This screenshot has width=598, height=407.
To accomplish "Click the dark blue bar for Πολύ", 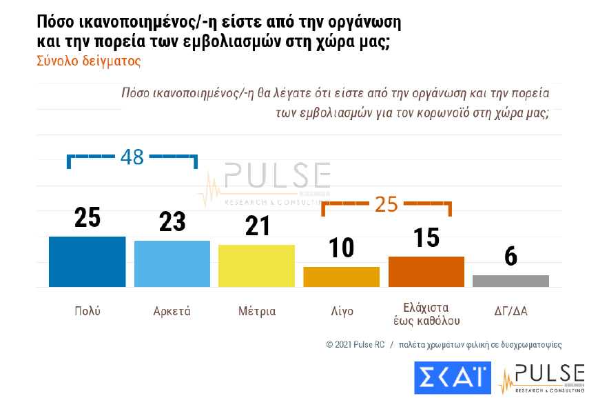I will [87, 261].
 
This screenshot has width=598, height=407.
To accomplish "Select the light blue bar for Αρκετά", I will [172, 264].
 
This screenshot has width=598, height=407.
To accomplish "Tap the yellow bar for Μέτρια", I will [256, 266].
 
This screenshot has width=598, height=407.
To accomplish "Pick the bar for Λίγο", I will [341, 277].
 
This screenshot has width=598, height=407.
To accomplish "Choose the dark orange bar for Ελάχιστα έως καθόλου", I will [426, 271].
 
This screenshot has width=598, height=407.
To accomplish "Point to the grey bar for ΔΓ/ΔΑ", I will [511, 281].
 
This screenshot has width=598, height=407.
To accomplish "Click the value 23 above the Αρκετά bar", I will [172, 221].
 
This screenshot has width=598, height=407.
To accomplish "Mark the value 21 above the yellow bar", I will [256, 226].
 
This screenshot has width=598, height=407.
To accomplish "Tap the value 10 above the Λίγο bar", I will [341, 248].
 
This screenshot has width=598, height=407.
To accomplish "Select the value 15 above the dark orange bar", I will [426, 237].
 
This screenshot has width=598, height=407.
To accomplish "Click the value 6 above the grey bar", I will [511, 256].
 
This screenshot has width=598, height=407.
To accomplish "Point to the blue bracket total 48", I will [132, 157].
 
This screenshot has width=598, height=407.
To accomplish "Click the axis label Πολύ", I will [87, 311].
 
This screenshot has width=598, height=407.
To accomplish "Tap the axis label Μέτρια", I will [256, 311].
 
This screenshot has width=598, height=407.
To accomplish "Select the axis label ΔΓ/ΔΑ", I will [511, 311].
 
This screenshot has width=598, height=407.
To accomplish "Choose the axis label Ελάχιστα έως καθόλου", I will [426, 313].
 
